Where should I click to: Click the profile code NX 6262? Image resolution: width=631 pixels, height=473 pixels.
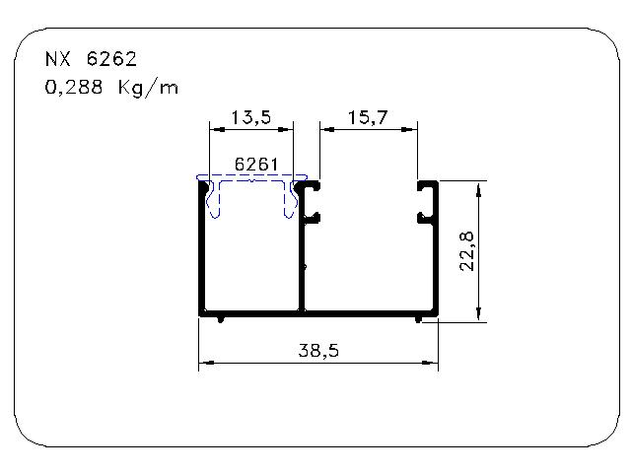click(91, 59)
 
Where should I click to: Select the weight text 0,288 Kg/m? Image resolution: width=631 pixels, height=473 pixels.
click(111, 88)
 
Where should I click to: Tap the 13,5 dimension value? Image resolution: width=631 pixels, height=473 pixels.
click(251, 117)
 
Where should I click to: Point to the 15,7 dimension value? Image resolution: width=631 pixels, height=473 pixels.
click(368, 117)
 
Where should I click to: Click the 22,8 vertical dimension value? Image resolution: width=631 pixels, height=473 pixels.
click(467, 252)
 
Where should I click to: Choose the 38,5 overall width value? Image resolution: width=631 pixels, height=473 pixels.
click(318, 351)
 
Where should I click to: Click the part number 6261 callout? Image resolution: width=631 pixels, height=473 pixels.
click(256, 165)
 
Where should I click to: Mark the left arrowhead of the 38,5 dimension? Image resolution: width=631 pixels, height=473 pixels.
click(206, 363)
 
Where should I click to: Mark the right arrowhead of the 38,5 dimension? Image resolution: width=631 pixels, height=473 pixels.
click(430, 363)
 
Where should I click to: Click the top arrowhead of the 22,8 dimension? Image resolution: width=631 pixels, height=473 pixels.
click(478, 189)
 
